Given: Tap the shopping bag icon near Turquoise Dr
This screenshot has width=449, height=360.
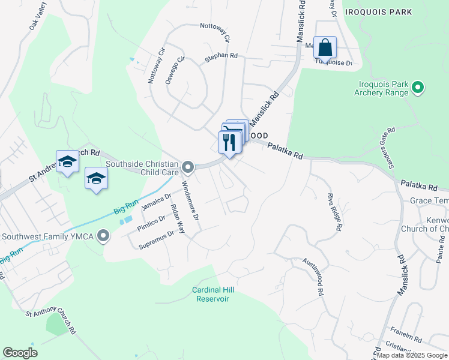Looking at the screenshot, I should (325, 47).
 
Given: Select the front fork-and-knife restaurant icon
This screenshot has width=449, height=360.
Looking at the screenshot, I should (229, 142).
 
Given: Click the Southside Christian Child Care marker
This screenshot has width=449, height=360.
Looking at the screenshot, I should (188, 166).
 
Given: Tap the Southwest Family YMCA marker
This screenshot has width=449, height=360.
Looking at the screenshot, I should (104, 236).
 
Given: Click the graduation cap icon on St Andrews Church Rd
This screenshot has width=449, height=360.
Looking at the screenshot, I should (68, 161).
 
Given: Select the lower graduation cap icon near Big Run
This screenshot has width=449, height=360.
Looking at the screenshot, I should (95, 178).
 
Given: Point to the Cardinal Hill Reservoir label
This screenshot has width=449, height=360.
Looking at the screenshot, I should (212, 294).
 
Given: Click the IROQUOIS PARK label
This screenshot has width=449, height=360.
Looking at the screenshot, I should (378, 11).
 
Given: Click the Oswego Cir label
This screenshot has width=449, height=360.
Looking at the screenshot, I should (173, 71).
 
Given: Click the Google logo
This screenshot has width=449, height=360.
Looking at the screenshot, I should (20, 353).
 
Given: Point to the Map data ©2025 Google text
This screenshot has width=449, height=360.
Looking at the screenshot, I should (412, 355).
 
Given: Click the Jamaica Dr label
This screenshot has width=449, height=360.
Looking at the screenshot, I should (156, 200).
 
